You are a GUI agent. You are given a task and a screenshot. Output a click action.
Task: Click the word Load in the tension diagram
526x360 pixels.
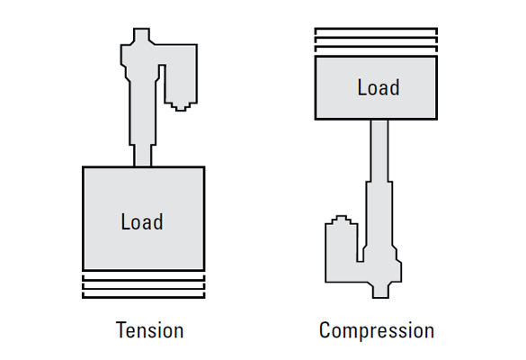click(x=142, y=221)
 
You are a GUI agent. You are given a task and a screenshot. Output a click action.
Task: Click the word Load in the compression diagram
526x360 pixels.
click(x=379, y=87)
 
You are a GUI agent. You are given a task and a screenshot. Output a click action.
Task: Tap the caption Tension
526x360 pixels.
click(x=149, y=330)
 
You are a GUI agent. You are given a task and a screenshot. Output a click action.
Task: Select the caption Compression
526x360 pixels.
click(x=377, y=330)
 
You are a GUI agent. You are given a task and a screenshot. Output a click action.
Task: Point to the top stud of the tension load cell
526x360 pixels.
click(x=141, y=35)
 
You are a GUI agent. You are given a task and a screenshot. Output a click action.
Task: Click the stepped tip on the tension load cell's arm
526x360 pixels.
click(x=181, y=106)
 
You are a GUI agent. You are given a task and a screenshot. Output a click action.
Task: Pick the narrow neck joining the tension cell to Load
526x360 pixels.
click(x=143, y=156)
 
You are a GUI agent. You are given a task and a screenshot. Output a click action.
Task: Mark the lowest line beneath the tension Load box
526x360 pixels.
click(x=144, y=297)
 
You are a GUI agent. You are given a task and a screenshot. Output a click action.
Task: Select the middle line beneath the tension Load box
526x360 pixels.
click(x=144, y=288)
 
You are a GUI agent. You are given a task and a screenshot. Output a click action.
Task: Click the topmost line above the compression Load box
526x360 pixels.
click(x=376, y=29)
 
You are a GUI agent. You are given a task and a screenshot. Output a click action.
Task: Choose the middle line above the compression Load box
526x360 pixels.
click(x=376, y=37)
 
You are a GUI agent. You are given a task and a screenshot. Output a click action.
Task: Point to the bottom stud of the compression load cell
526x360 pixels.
click(x=380, y=291)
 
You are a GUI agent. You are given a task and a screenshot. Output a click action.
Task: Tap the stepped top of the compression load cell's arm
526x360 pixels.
click(x=341, y=220)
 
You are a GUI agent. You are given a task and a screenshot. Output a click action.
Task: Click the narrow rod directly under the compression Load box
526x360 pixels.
click(x=379, y=150)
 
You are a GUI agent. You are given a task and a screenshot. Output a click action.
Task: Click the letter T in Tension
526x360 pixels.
click(x=121, y=330)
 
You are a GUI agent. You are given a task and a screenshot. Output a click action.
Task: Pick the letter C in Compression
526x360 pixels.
click(x=325, y=330)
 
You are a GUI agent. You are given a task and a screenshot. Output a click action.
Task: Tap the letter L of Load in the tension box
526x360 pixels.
click(x=125, y=221)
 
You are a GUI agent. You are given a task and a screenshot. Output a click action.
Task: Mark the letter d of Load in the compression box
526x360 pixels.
click(x=395, y=87)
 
